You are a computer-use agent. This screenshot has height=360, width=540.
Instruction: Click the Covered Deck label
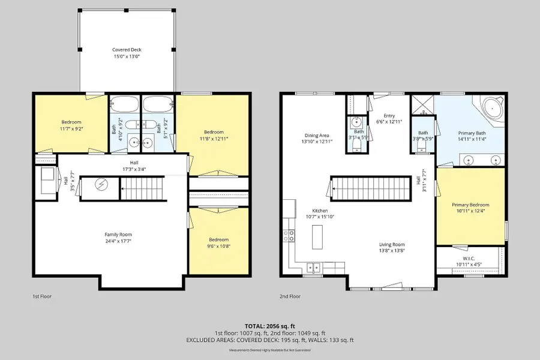coord(127,50)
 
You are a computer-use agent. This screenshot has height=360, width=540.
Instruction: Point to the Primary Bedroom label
coord(470,205)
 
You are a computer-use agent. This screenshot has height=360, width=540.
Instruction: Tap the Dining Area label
coord(316,136)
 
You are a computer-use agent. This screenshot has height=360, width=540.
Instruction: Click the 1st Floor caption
coord(42,296)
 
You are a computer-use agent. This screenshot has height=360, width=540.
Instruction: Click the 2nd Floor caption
coord(290,296)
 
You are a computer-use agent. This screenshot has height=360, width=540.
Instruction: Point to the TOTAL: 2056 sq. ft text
coord(269,325)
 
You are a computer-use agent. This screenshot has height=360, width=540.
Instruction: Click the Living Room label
coord(391,244)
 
